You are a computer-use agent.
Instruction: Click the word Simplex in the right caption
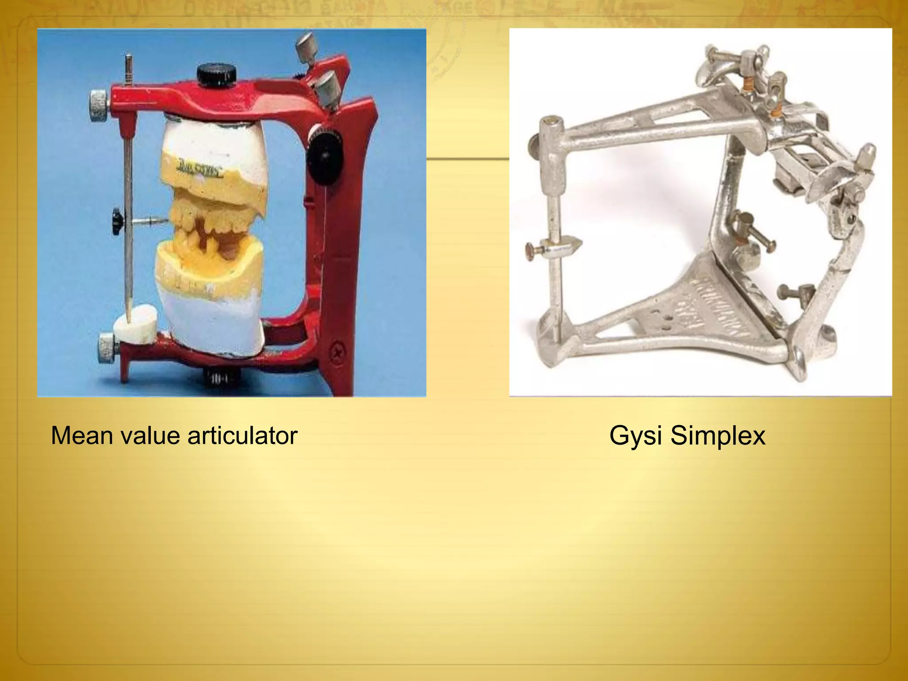(x=718, y=435)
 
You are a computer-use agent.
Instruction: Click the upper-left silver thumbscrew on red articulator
(x=100, y=105)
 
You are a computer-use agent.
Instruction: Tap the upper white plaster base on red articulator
(x=213, y=142)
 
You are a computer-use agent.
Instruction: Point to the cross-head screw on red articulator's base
(x=338, y=353)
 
